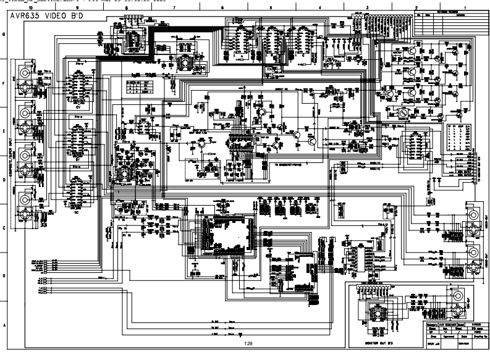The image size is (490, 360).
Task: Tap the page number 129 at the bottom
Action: coord(248,343)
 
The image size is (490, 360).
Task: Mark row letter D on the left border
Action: coord(4,180)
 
